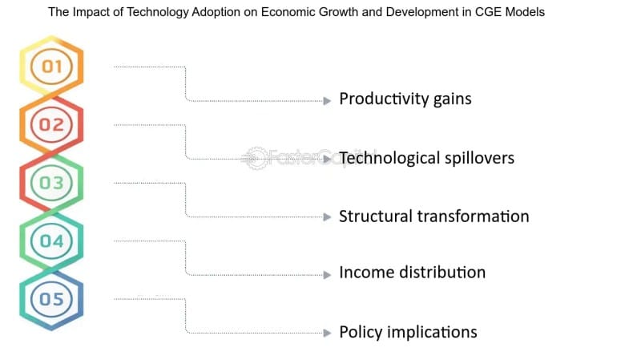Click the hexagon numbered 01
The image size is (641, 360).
[x=51, y=67]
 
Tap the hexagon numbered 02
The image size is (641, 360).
[x=51, y=124]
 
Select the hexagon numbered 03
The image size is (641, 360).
[x=51, y=183]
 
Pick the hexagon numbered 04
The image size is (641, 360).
[x=51, y=241]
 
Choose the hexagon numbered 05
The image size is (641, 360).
[x=51, y=299]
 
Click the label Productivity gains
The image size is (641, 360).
[x=405, y=99]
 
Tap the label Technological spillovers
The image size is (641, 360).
[x=427, y=158]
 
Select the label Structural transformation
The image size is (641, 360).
[x=434, y=216]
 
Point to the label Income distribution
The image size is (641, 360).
[x=413, y=272]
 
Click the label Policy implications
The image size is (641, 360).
[x=409, y=332]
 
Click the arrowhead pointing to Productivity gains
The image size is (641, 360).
[x=327, y=101]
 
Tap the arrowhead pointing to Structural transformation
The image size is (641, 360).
[x=327, y=216]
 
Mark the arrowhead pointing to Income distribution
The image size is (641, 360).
[x=327, y=275]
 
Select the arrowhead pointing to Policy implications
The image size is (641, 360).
[x=327, y=333]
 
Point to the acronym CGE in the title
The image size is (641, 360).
[x=489, y=12]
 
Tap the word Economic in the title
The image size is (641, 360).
[x=288, y=12]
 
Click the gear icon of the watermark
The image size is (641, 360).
[x=255, y=158]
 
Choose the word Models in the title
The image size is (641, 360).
[x=525, y=12]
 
